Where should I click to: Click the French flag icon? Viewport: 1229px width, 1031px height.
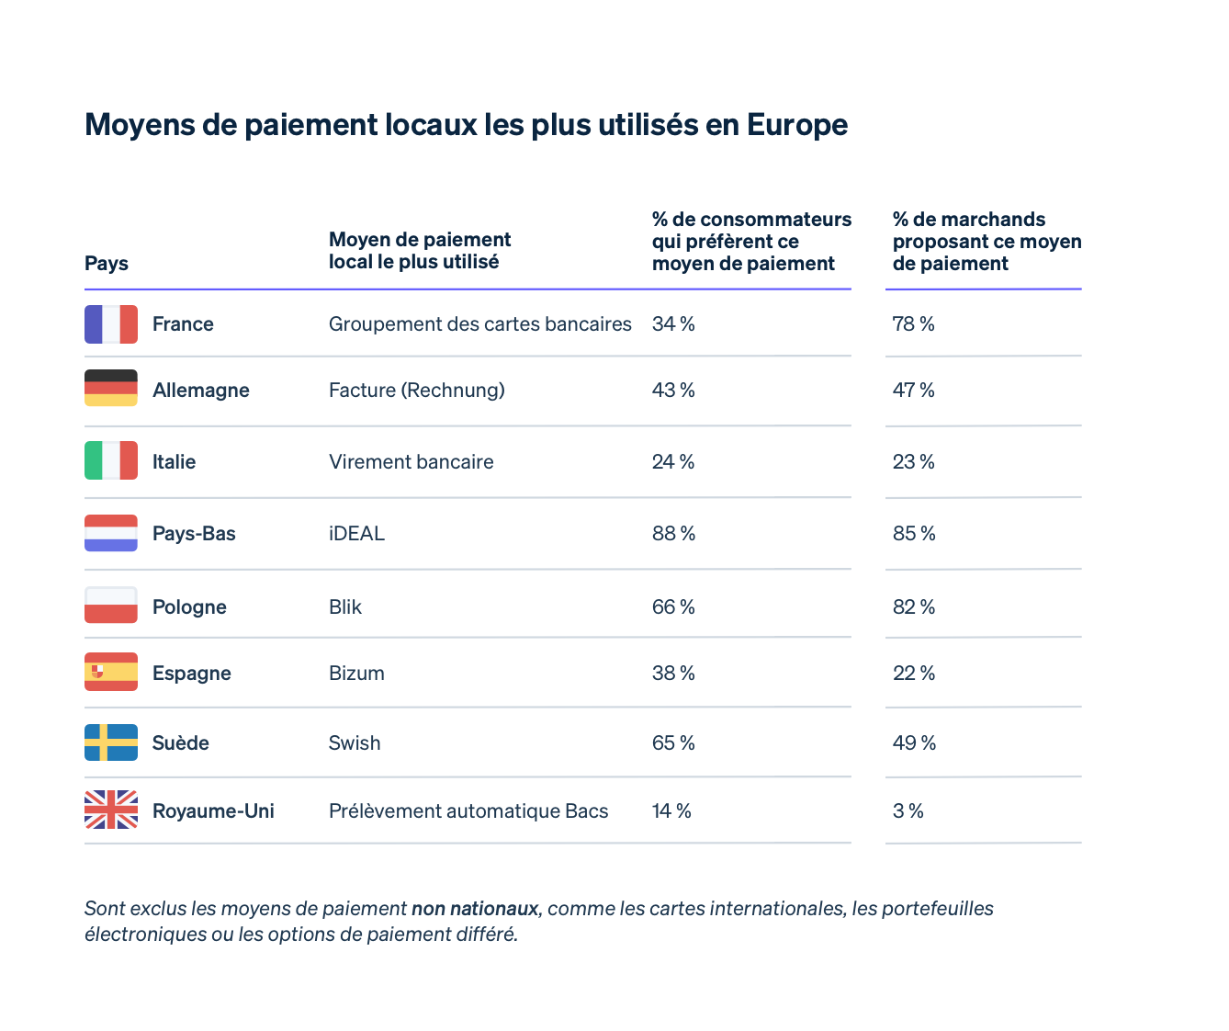(111, 324)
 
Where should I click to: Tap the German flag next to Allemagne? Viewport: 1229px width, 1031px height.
(111, 388)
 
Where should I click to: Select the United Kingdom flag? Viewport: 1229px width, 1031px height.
(111, 810)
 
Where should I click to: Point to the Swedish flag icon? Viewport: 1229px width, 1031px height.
(111, 742)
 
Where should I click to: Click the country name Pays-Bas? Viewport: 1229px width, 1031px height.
(194, 534)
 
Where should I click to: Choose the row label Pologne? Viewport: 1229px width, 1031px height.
(189, 607)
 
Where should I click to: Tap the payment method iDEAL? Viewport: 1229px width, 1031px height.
(356, 534)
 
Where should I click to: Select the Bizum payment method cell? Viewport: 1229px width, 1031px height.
(356, 674)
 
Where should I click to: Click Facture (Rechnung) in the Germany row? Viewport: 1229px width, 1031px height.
(417, 391)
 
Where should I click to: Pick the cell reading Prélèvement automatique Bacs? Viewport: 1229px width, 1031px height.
(468, 811)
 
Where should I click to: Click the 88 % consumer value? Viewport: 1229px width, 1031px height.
(673, 534)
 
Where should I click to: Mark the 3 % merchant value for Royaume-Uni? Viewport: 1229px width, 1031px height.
(908, 811)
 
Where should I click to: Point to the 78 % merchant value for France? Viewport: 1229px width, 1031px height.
(913, 324)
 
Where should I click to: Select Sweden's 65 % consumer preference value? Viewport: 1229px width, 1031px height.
(673, 743)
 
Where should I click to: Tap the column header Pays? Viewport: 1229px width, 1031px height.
(107, 264)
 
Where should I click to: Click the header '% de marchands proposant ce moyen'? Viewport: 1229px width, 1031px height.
(987, 242)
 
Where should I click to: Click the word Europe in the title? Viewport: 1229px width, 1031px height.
(796, 125)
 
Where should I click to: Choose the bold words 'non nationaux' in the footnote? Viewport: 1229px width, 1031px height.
(474, 909)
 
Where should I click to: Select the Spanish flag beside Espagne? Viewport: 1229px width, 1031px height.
(111, 672)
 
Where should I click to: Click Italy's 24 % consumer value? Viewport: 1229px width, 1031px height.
(673, 462)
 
